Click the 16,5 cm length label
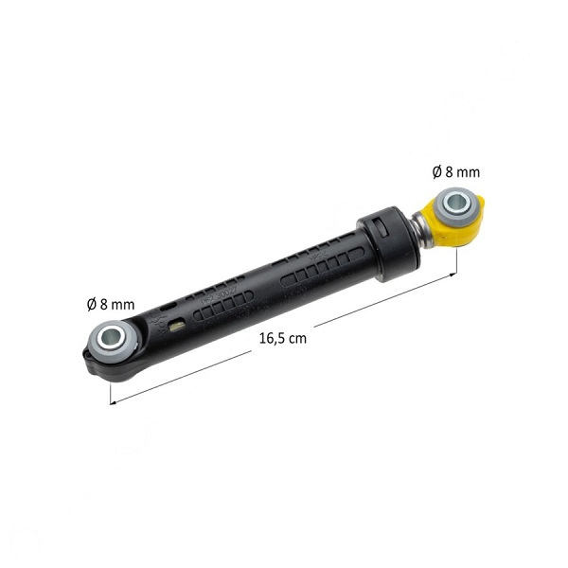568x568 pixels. click(x=283, y=338)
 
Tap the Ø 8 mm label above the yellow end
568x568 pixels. click(x=456, y=172)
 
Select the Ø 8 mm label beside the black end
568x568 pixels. click(x=111, y=304)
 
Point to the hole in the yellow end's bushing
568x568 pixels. click(x=454, y=203)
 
